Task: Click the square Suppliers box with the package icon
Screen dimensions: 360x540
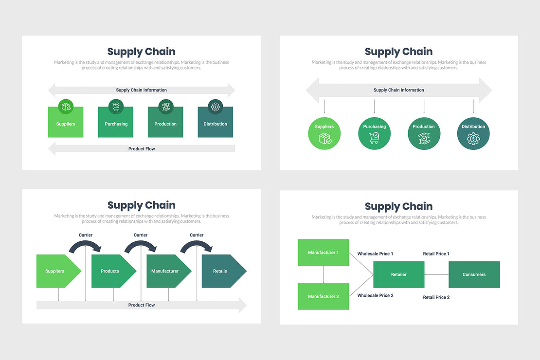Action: point(66,124)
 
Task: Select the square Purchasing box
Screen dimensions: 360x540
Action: point(116,124)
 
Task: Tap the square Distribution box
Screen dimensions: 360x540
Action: point(215,124)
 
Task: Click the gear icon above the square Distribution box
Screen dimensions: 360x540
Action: point(215,107)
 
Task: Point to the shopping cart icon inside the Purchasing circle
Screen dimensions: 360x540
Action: point(375,139)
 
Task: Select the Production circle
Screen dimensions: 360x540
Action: point(424,133)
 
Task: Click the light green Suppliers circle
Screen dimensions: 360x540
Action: point(324,133)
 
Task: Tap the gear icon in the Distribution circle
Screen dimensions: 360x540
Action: point(473,139)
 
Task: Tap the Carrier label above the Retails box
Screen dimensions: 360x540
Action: point(197,235)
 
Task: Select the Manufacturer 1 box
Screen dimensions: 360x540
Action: point(324,252)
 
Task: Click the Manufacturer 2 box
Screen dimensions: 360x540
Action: point(324,296)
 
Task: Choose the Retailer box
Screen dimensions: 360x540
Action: point(399,274)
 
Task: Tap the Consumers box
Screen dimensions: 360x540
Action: point(474,274)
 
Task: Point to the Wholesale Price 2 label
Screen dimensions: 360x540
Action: point(375,295)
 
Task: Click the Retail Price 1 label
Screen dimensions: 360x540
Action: point(436,253)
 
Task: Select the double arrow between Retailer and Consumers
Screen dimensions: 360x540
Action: point(436,274)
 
